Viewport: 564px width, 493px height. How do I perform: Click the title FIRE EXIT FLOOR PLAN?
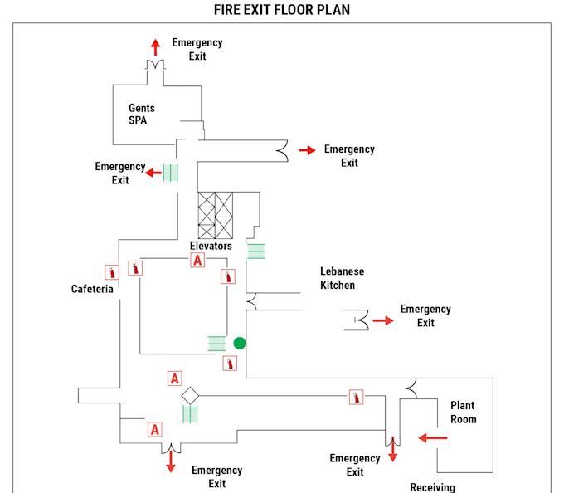pyautogui.click(x=282, y=10)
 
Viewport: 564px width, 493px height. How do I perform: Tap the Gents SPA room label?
pyautogui.click(x=141, y=114)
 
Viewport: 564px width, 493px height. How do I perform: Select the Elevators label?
pyautogui.click(x=211, y=246)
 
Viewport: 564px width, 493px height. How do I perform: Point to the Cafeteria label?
pyautogui.click(x=92, y=289)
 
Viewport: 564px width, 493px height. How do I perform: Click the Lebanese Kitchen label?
pyautogui.click(x=342, y=278)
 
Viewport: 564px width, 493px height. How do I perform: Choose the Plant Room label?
pyautogui.click(x=463, y=412)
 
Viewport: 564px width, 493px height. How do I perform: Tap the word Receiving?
pyautogui.click(x=432, y=487)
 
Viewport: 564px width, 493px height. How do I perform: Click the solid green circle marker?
pyautogui.click(x=240, y=343)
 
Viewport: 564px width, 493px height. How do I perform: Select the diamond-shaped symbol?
pyautogui.click(x=190, y=396)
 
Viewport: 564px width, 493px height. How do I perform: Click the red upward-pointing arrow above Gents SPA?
pyautogui.click(x=155, y=46)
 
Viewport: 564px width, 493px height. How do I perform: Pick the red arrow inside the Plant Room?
pyautogui.click(x=433, y=437)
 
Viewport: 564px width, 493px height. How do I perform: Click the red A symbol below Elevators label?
pyautogui.click(x=197, y=261)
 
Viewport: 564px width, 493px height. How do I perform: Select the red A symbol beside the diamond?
pyautogui.click(x=175, y=378)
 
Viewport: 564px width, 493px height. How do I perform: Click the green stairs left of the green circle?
pyautogui.click(x=216, y=343)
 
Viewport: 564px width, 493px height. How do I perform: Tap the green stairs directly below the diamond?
pyautogui.click(x=190, y=414)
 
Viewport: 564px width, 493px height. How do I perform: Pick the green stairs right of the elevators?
pyautogui.click(x=256, y=250)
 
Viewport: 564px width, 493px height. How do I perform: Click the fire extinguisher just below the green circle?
pyautogui.click(x=230, y=363)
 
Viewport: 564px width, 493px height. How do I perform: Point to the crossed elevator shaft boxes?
pyautogui.click(x=215, y=215)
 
